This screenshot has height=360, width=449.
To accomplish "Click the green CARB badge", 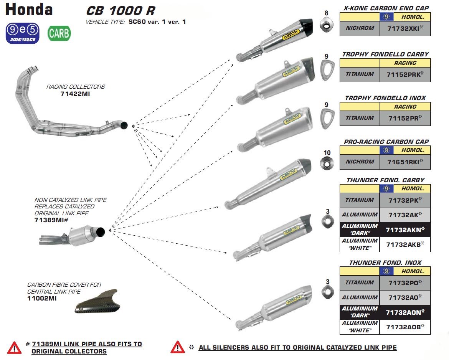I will pos(59,34).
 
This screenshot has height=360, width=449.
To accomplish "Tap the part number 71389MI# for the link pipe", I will pos(51,220).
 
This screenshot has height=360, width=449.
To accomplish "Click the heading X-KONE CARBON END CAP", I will pos(386,8).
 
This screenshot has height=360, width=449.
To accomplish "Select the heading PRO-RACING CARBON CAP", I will pos(386,142).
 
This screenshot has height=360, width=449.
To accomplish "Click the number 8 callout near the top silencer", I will pos(327,13).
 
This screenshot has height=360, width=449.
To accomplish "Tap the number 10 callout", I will pos(327,153).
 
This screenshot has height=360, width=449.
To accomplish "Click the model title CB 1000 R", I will pos(120,10).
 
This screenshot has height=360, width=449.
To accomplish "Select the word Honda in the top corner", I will pos(29,9).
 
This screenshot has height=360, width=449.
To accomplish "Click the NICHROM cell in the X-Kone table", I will pos(360,28).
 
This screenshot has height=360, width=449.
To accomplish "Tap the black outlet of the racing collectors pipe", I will pos(124,125).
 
